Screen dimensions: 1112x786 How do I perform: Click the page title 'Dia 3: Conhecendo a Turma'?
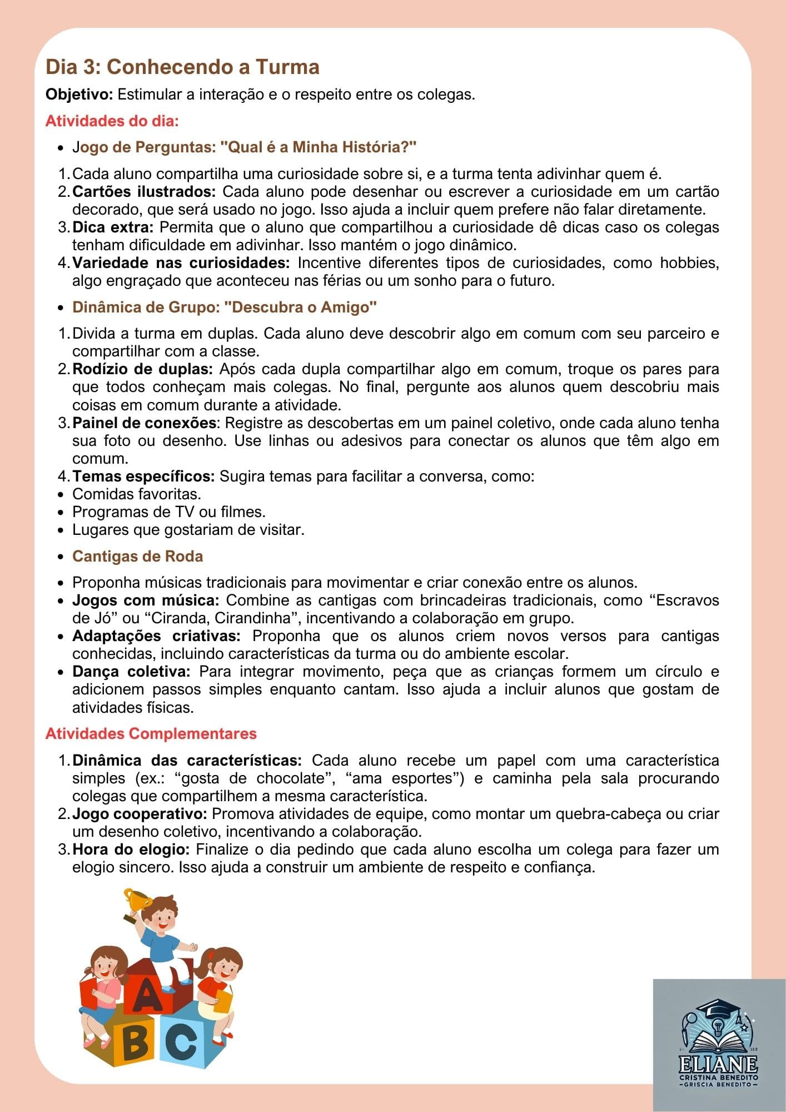182,67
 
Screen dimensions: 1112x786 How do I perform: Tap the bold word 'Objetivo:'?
79,95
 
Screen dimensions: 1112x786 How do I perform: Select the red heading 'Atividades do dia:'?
112,121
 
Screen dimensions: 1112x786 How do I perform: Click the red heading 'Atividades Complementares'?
151,733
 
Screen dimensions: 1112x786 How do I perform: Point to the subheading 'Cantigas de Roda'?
137,556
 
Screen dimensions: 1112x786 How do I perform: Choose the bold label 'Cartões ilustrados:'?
144,192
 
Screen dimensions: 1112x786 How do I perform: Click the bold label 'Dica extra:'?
113,227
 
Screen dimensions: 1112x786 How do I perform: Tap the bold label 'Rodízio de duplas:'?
142,369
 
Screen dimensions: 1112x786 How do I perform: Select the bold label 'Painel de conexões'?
144,423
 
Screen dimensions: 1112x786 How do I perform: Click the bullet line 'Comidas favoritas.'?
137,494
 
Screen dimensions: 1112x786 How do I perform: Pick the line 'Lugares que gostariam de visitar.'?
188,529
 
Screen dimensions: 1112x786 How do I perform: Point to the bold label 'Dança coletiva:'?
131,672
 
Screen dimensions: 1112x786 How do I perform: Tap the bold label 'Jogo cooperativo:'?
140,814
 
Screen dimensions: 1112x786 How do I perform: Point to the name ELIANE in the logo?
718,1064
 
